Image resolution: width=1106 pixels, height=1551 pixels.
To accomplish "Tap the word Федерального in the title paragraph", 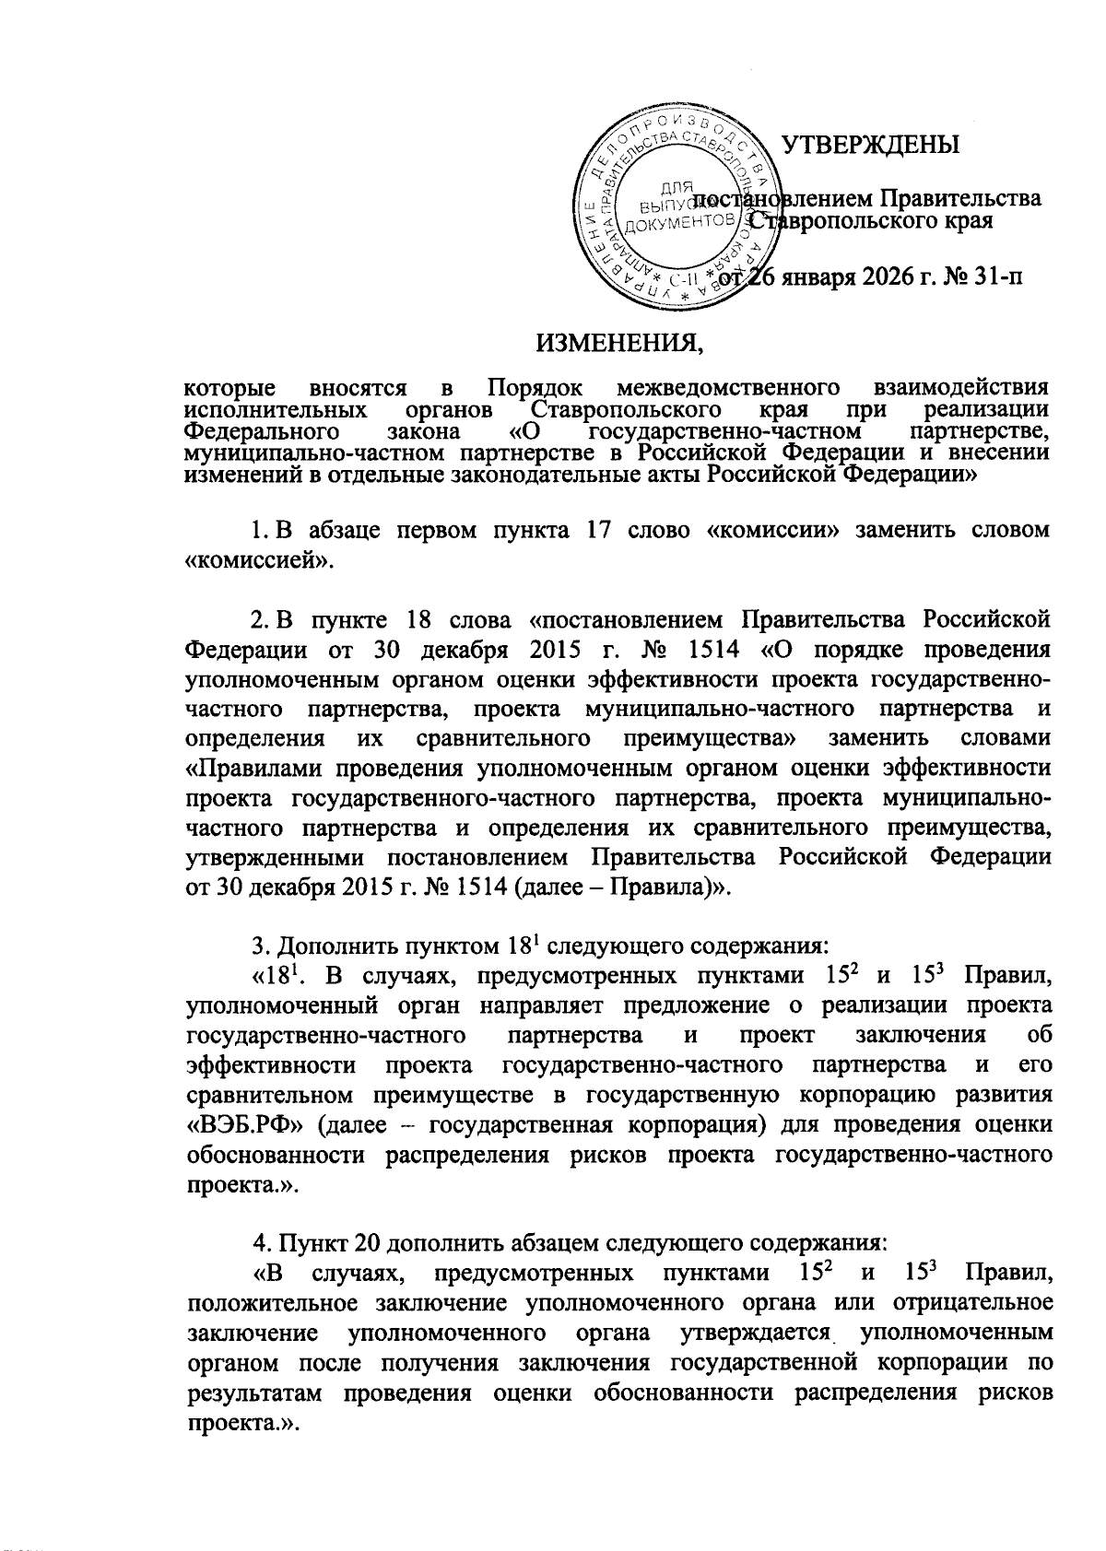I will (x=257, y=431).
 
